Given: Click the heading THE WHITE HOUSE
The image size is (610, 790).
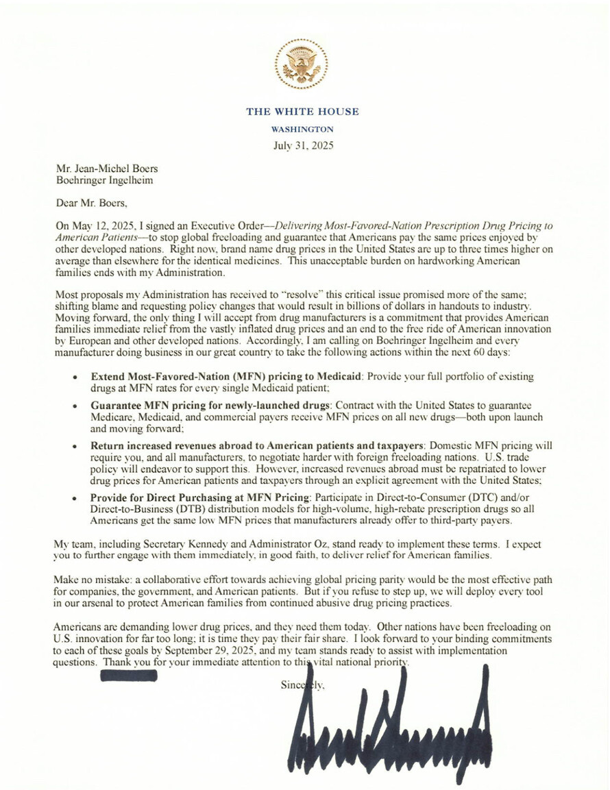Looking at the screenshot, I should [x=302, y=112].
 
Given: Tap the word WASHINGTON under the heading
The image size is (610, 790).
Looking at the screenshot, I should [x=302, y=129].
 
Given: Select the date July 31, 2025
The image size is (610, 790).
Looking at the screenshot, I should [x=302, y=145].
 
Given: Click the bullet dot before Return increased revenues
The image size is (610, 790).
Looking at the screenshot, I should [x=75, y=445].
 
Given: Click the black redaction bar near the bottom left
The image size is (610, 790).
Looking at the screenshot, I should [x=129, y=676].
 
